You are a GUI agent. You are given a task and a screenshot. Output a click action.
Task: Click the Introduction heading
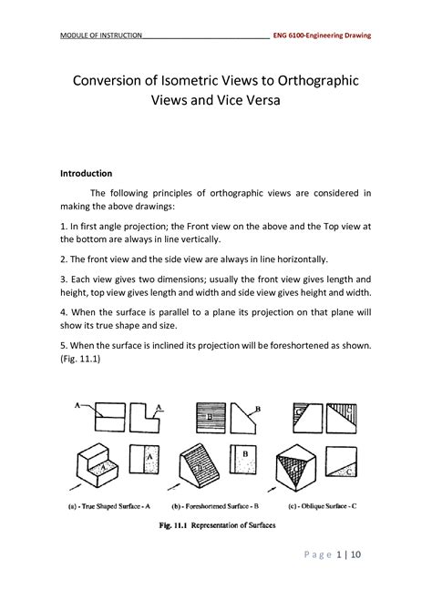click(86, 172)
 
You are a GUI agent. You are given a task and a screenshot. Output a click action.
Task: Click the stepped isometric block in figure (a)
click(98, 463)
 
